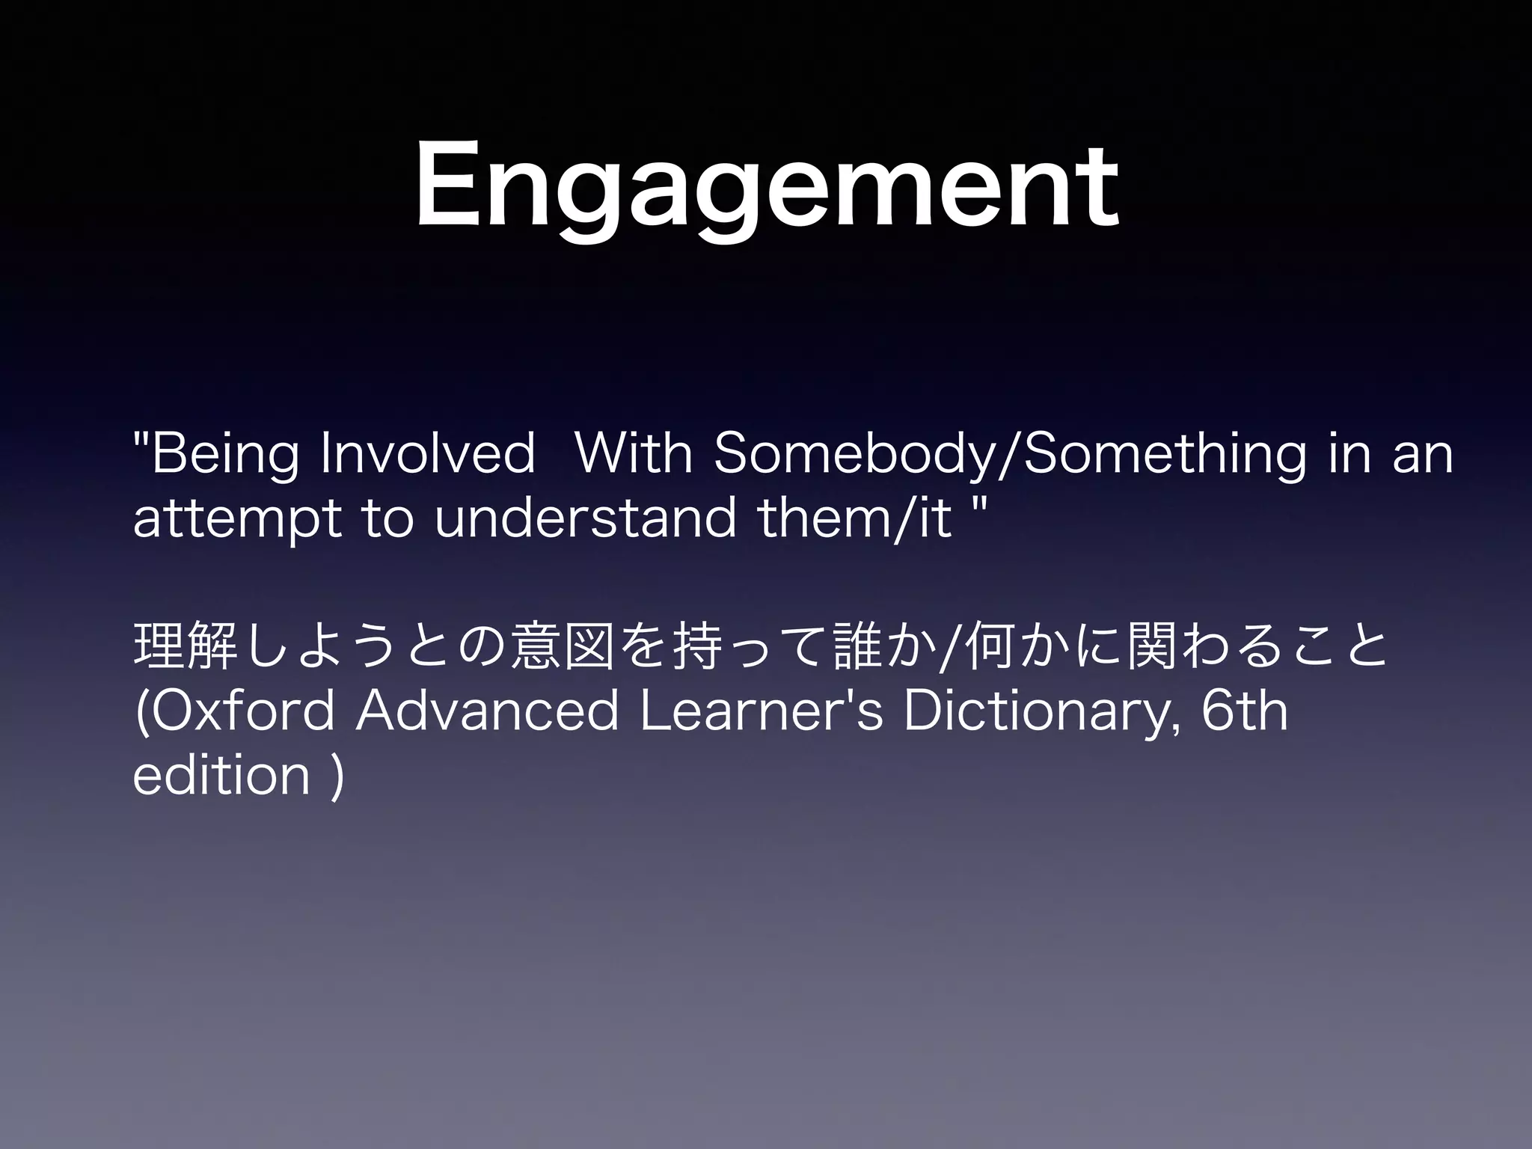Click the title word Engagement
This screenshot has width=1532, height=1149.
coord(766,187)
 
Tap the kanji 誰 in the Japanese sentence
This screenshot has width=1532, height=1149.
coord(857,647)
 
